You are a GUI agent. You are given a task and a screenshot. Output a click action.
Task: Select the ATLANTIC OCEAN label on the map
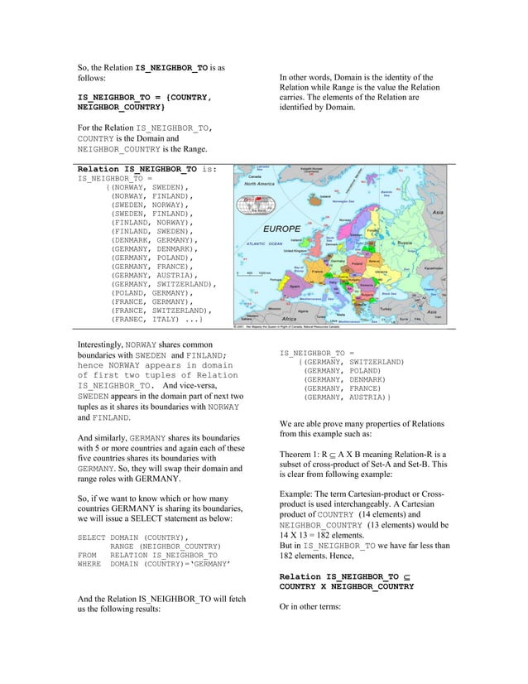click(x=264, y=244)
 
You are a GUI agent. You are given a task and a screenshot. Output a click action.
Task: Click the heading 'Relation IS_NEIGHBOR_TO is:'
click(x=147, y=169)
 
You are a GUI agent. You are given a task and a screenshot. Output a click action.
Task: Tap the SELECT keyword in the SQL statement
click(x=91, y=537)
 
